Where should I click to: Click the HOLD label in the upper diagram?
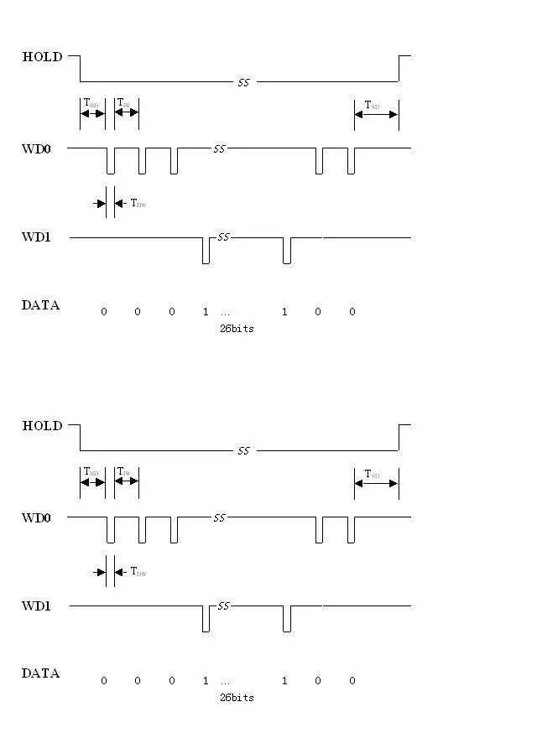(42, 57)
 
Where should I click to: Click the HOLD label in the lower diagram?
(42, 426)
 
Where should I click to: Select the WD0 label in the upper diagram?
(36, 148)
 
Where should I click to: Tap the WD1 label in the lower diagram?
(36, 605)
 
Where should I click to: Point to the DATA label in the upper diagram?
(40, 305)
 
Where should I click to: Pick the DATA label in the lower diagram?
(40, 673)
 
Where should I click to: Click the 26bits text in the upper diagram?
(237, 329)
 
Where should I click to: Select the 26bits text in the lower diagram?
(237, 698)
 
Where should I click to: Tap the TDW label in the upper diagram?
(138, 203)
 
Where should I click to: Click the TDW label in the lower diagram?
(138, 572)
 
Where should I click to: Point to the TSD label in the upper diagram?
(372, 105)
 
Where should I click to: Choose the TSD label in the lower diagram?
(372, 474)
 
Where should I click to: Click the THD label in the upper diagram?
(91, 103)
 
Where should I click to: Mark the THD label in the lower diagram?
(91, 472)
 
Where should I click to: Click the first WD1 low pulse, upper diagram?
(206, 251)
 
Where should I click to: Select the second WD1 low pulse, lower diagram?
(287, 620)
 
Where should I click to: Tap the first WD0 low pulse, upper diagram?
(110, 161)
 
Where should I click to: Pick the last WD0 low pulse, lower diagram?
(351, 530)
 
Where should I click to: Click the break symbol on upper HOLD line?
(243, 82)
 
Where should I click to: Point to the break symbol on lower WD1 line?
(223, 605)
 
